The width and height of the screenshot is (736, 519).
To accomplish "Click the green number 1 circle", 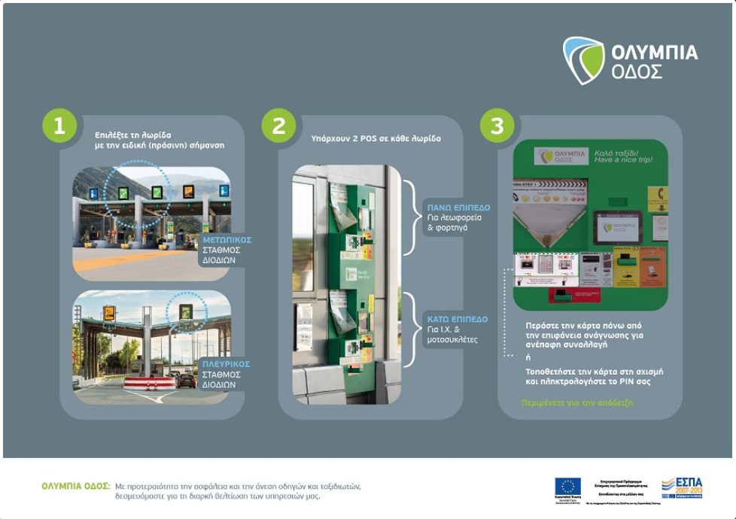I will click(x=59, y=126).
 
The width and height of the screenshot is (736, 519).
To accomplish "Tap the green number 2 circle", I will click(x=279, y=126).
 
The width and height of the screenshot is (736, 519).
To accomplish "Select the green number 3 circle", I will click(x=497, y=126).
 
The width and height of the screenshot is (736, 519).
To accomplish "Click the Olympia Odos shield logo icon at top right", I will click(x=583, y=60).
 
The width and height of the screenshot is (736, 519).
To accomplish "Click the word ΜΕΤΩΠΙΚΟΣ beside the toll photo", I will click(x=227, y=240).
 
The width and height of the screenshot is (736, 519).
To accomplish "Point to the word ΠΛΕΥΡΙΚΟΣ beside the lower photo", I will click(x=226, y=364).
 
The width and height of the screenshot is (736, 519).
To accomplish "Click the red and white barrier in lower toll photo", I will click(x=149, y=382).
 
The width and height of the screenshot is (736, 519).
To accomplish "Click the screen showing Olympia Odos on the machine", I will click(x=619, y=226).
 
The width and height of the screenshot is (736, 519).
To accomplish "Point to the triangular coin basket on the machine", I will click(x=546, y=229).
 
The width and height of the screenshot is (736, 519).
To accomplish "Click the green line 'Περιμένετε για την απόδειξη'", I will click(x=577, y=402).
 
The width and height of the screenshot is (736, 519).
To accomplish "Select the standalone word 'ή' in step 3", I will click(x=528, y=357).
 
